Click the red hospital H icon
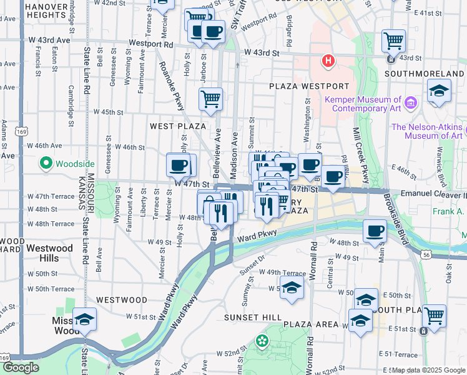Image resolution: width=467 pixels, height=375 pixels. (x=327, y=61)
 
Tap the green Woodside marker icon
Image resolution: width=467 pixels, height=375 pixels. (x=46, y=164)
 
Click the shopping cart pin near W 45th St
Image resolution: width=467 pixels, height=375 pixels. (x=211, y=99)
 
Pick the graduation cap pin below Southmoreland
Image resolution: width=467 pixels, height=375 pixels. (x=439, y=91)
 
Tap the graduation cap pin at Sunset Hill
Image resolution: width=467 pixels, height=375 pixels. (x=291, y=287)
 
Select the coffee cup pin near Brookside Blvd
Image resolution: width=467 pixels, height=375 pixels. (x=375, y=231)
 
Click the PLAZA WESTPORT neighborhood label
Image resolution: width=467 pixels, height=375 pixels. (x=309, y=86)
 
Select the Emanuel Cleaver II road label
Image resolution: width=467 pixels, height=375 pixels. (x=433, y=194)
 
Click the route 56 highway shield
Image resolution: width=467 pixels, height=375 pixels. (x=425, y=255)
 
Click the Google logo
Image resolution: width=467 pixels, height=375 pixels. (x=21, y=367)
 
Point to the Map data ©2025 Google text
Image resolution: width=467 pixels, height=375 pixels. (x=428, y=371)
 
